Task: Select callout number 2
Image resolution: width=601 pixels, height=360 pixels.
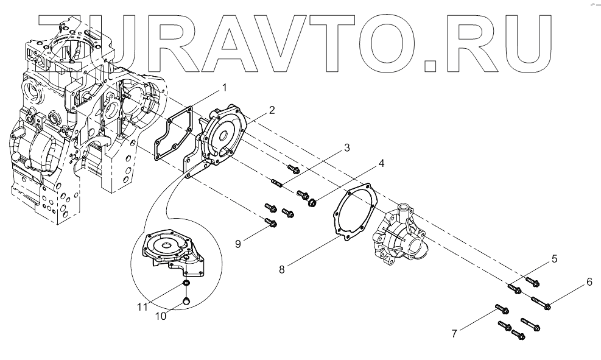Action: pos(272,110)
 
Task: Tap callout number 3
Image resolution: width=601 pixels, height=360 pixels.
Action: pos(346,147)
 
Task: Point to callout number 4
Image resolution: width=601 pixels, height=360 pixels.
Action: pos(381,164)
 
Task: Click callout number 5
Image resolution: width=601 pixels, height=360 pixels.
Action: pos(554,259)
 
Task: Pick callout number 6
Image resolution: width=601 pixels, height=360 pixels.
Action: pos(589,281)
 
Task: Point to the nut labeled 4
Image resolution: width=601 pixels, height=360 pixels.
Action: pos(312,201)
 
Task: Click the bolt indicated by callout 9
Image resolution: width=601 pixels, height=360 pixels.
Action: pos(270,224)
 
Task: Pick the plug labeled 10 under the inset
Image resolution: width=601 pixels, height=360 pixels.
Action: pos(187,299)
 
